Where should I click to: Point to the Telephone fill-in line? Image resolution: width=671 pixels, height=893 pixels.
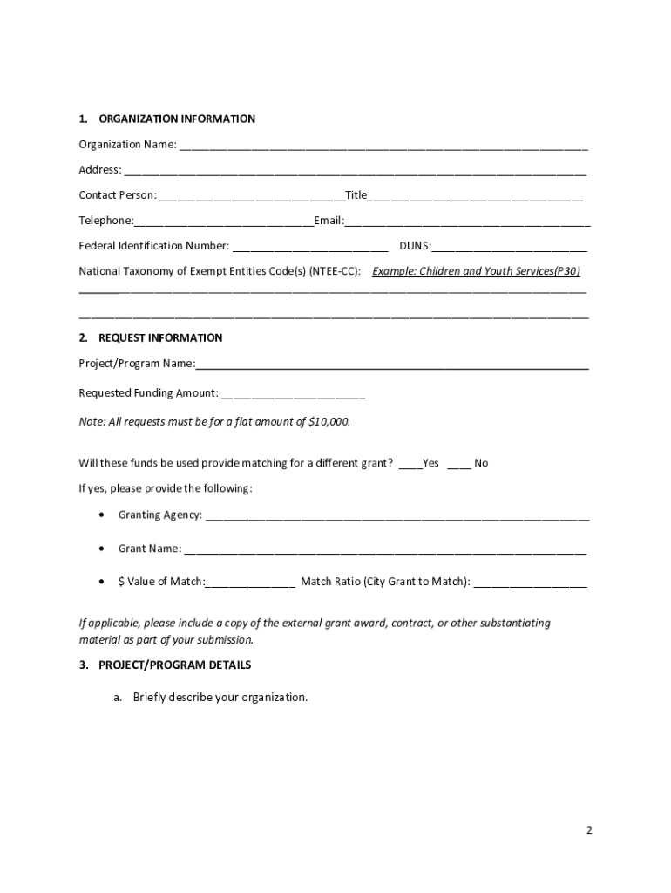pyautogui.click(x=224, y=222)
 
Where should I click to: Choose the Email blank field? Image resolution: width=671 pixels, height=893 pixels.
pyautogui.click(x=467, y=222)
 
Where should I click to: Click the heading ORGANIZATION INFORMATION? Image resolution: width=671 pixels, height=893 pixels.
pyautogui.click(x=177, y=119)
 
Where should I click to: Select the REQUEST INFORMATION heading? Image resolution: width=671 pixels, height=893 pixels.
pyautogui.click(x=160, y=337)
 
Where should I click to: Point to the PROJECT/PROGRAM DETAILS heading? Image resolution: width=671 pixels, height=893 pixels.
pyautogui.click(x=174, y=665)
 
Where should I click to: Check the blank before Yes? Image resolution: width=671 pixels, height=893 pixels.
pyautogui.click(x=410, y=465)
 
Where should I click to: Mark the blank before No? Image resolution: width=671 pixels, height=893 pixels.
pyautogui.click(x=458, y=465)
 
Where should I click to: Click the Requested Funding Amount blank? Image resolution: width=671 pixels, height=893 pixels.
pyautogui.click(x=293, y=395)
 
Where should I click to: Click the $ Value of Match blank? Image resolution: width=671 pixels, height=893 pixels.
pyautogui.click(x=251, y=583)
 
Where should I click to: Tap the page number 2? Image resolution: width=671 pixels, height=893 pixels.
pyautogui.click(x=589, y=830)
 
